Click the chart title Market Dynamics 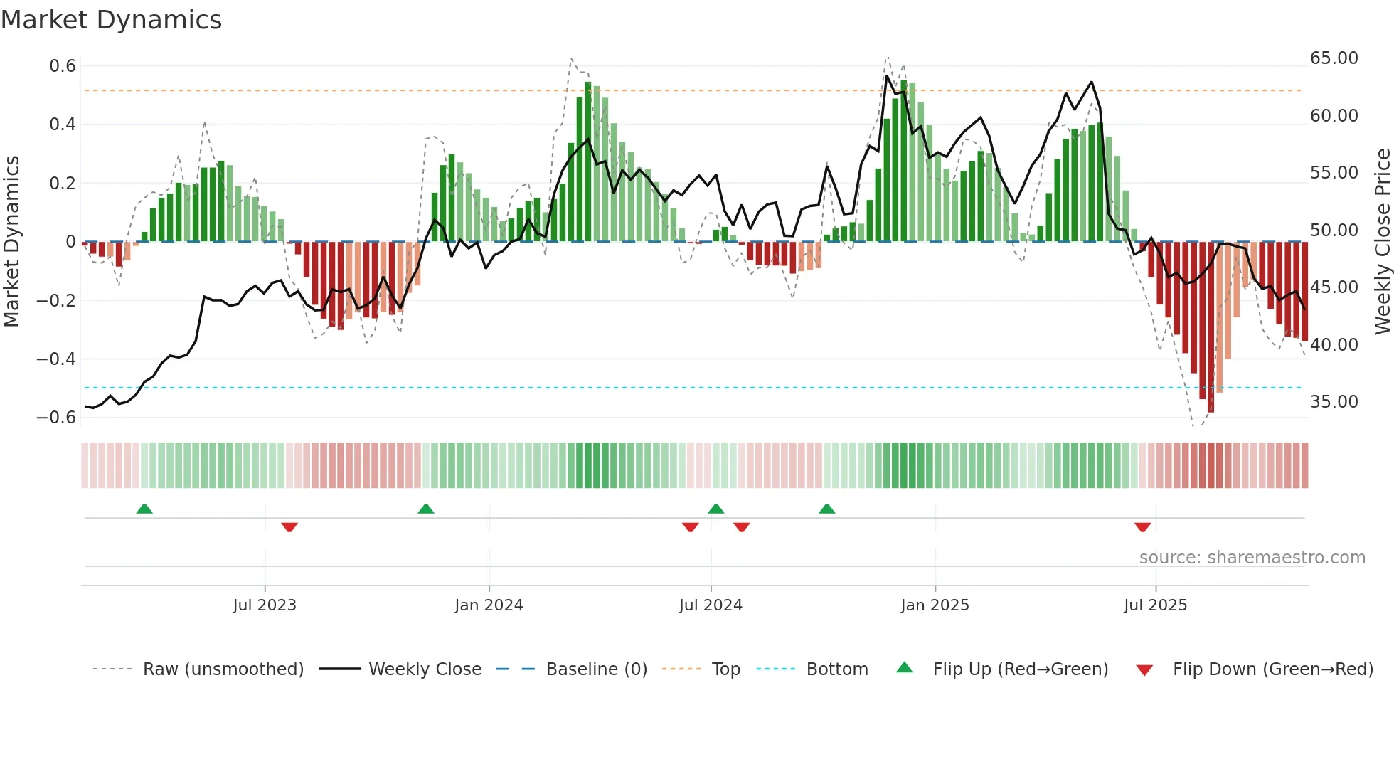coord(111,20)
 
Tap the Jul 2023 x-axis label coord(265,605)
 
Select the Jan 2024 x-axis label coord(489,605)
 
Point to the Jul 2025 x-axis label coord(1155,605)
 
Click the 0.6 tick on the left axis coord(63,66)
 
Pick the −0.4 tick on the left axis coord(56,359)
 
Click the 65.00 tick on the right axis coord(1334,58)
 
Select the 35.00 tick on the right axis coord(1334,402)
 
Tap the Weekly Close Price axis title coord(1382,242)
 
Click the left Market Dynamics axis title coord(11,242)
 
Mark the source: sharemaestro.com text coord(1252,558)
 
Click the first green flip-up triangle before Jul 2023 coord(144,509)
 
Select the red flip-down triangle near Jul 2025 coord(1142,527)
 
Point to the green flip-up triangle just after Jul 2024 coord(716,509)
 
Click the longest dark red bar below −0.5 coord(1211,327)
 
